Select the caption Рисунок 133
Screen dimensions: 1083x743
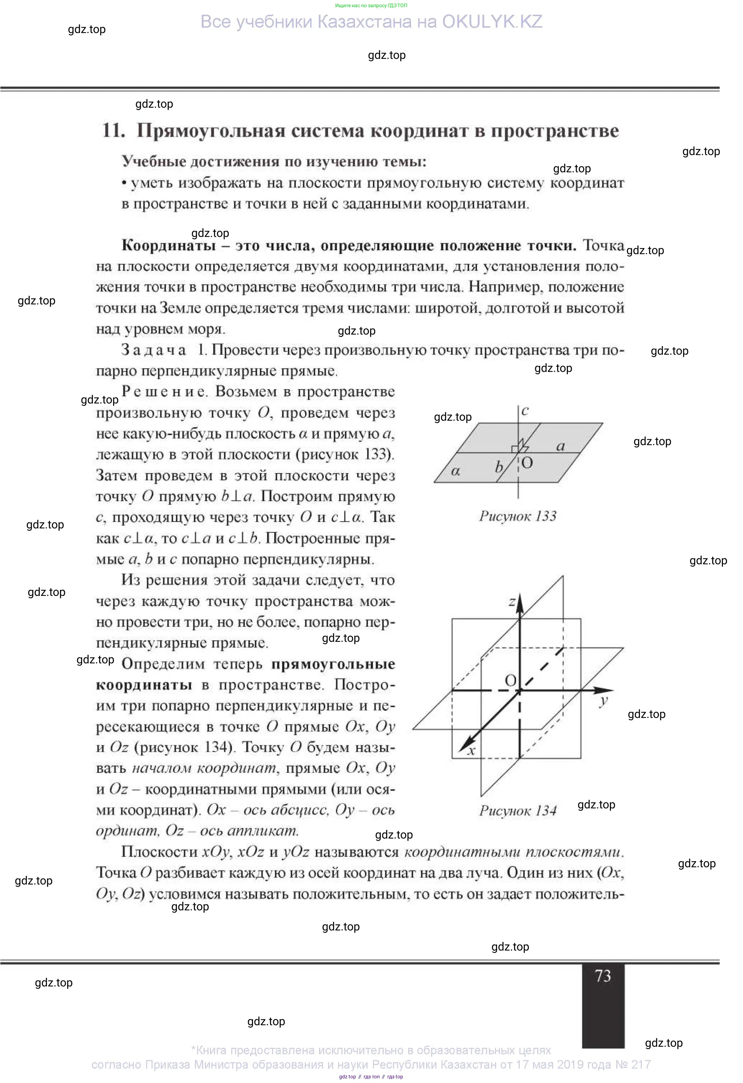518,516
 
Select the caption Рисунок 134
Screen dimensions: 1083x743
518,811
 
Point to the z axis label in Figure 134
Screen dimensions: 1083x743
511,602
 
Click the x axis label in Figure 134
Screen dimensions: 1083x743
471,750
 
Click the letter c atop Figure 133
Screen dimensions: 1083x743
525,411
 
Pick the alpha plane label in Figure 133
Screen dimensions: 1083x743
455,471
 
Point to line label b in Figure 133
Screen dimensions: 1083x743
499,466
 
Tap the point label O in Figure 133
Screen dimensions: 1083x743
527,463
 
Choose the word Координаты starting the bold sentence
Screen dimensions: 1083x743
168,246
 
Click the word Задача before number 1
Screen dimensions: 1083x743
153,350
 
